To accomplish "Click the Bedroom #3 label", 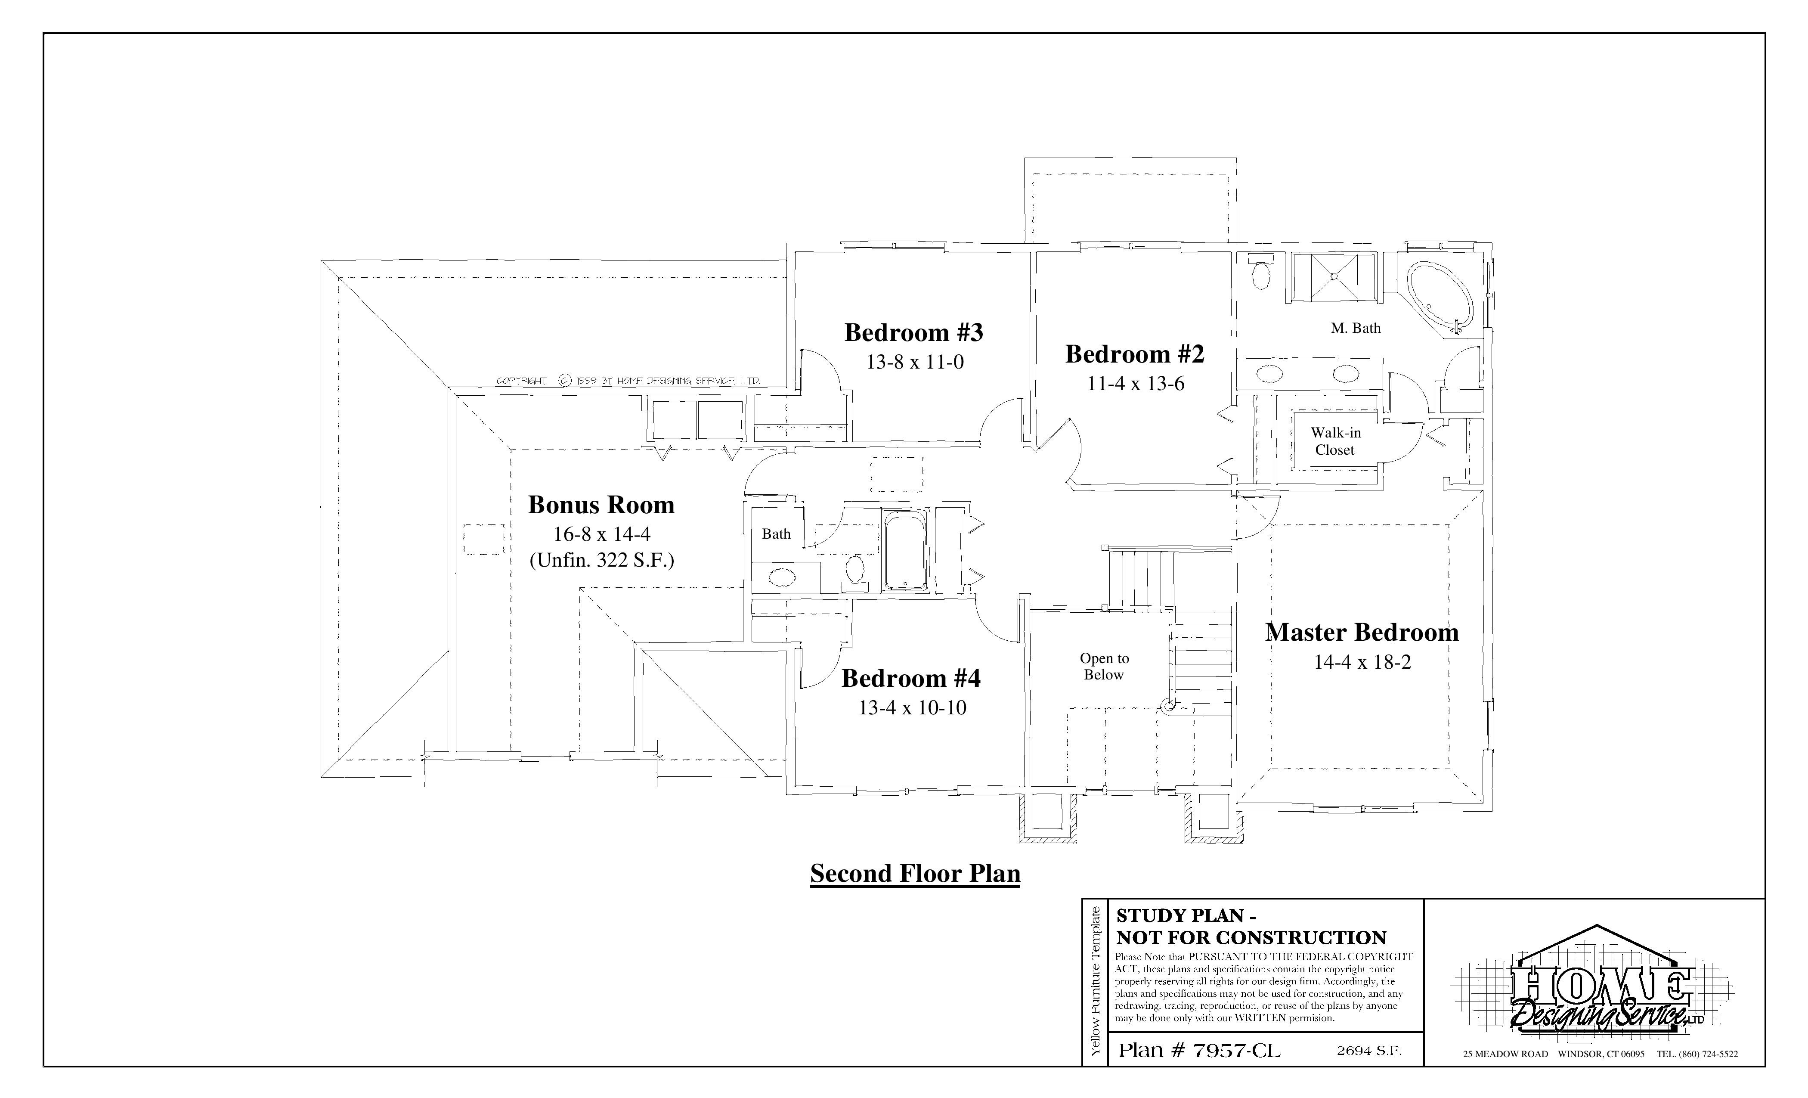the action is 913,332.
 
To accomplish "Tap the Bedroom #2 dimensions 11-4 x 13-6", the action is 1135,384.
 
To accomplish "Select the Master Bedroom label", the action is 1362,633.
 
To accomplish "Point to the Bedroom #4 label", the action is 910,678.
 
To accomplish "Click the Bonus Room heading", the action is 601,505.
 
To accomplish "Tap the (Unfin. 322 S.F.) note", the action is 602,561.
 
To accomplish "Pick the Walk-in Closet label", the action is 1335,441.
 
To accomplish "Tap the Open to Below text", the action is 1104,667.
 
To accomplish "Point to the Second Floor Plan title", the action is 915,873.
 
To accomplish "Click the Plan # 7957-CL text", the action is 1199,1051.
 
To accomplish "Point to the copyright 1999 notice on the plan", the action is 628,381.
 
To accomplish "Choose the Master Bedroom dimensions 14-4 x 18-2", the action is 1362,663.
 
